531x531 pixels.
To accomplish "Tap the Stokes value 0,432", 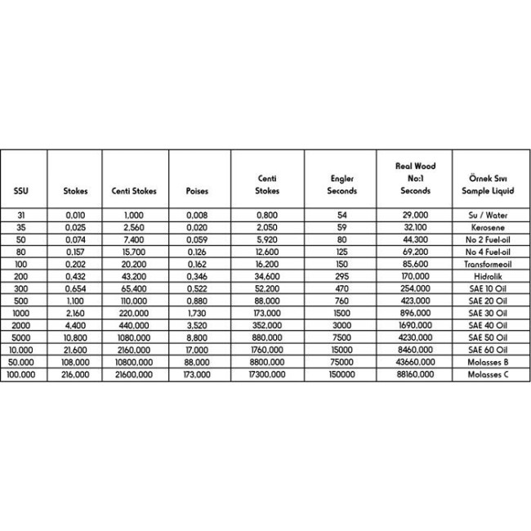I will click(x=75, y=279).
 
